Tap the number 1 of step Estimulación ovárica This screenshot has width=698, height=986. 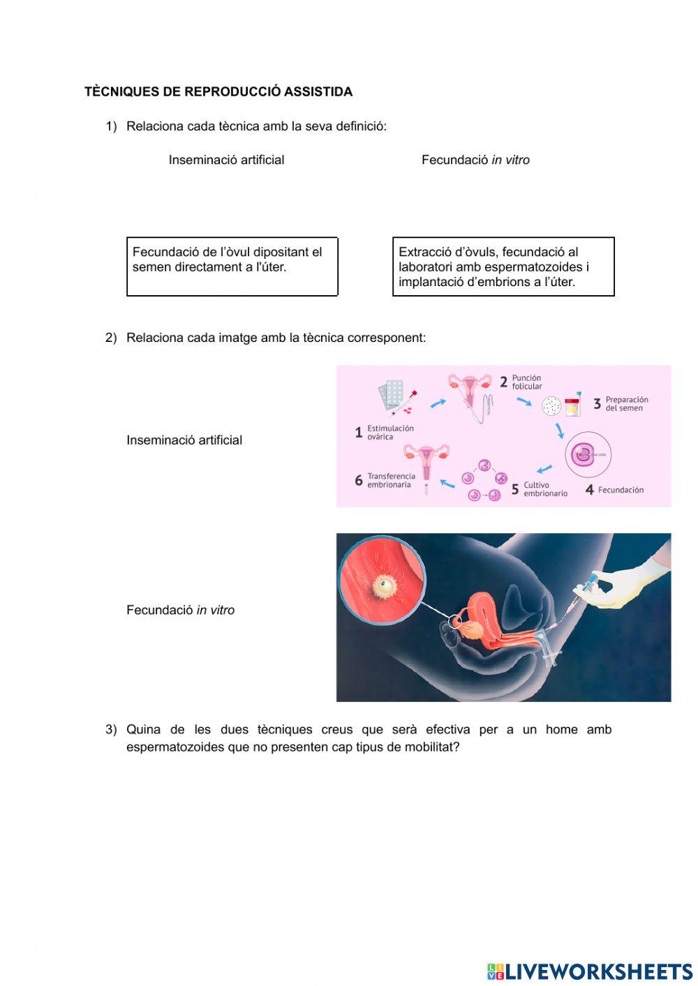coord(358,433)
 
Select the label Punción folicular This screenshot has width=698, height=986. coord(526,382)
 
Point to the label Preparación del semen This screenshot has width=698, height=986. coord(626,403)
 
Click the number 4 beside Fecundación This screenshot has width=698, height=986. coord(589,490)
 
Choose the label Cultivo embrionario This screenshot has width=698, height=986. coord(545,489)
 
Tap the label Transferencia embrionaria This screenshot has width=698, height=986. coord(391,480)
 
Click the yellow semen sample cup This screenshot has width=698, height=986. coord(572,405)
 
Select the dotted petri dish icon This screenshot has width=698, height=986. coord(551,405)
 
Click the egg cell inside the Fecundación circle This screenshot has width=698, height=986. coord(581,456)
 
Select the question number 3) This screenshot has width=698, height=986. coord(111,729)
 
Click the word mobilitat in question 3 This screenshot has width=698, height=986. coord(430,747)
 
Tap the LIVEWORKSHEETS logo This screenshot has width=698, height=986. coord(590,971)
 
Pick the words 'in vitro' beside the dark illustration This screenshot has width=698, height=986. coord(215,610)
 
